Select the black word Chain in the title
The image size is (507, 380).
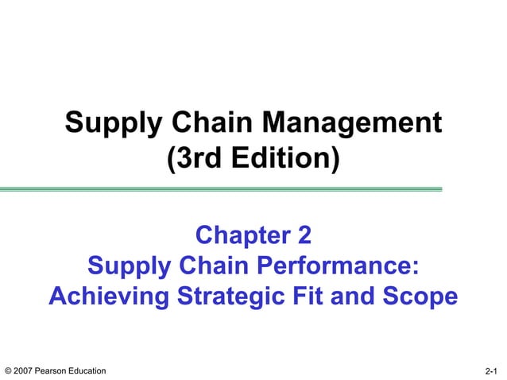203,124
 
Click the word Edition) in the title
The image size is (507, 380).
288,159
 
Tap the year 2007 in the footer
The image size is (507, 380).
23,371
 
